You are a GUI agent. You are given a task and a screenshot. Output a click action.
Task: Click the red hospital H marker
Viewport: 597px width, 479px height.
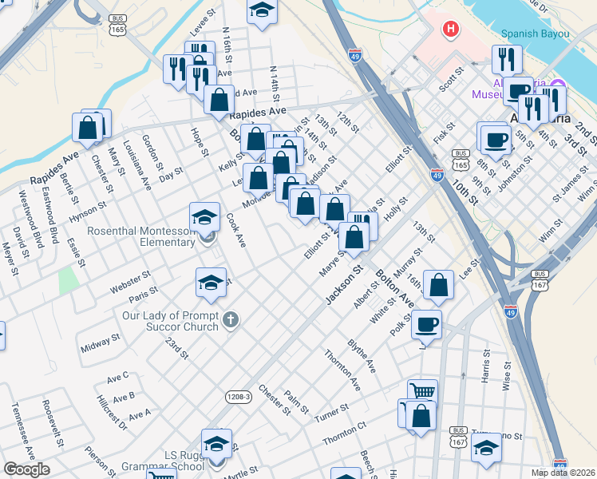point(451,30)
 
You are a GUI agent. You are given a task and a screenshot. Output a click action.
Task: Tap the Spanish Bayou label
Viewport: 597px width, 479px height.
point(535,34)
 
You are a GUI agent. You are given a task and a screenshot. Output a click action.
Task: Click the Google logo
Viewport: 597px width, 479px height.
point(26,469)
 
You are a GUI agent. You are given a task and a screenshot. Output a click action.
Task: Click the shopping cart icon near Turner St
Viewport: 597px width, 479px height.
point(422,392)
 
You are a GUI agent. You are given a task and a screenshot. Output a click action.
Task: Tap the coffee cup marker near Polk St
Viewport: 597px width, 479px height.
point(427,324)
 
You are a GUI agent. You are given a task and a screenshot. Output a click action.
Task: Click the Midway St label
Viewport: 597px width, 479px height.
point(100,343)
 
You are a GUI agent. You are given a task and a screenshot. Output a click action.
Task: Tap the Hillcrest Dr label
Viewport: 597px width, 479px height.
point(112,414)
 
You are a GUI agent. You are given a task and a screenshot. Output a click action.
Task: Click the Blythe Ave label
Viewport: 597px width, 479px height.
point(361,354)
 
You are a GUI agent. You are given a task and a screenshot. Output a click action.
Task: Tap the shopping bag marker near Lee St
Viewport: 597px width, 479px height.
point(439,284)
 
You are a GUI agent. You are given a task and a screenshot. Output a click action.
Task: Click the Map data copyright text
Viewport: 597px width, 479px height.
point(563,473)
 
